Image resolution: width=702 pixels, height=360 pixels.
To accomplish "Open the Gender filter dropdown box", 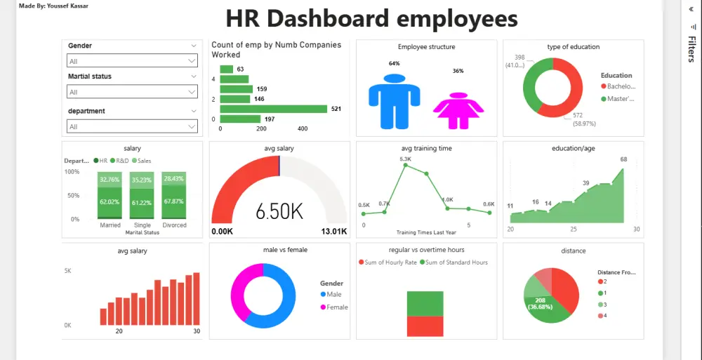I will pos(132,61).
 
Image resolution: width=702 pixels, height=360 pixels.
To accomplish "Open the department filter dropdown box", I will pos(132,126).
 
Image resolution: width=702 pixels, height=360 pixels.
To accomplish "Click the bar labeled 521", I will pos(274,109).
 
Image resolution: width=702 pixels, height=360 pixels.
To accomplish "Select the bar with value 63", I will pos(226,69).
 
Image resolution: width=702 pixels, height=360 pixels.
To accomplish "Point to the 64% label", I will pos(394,63).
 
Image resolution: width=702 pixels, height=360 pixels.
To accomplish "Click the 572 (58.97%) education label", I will pos(583,119).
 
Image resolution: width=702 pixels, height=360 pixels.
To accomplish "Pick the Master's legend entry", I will pos(617,99).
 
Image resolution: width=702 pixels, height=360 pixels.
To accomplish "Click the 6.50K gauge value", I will pos(279,211).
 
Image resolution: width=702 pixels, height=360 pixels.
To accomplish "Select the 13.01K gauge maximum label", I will pos(333,232).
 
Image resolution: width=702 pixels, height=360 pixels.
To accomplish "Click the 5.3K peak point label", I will pos(405,159).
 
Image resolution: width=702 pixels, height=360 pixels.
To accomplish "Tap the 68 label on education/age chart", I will pos(623,159).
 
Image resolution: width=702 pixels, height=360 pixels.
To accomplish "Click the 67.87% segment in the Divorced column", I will pos(174,201).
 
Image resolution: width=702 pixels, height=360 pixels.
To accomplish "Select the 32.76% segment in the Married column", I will pos(110,180).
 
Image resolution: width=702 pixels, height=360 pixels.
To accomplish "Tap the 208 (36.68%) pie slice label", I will pos(539,303).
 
